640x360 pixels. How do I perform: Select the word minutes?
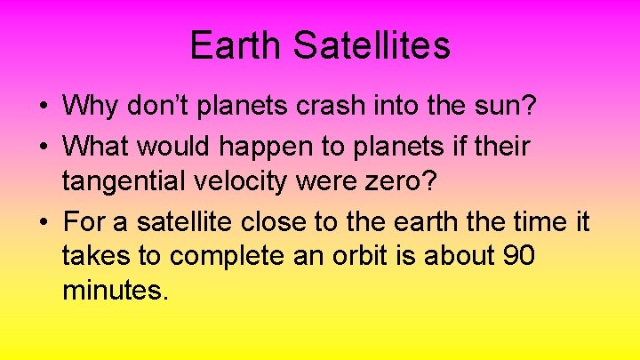click(114, 292)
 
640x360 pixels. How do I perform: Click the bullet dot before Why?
click(44, 108)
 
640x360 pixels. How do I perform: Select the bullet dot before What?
click(44, 146)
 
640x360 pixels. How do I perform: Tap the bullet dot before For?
click(44, 220)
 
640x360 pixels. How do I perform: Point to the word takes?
click(103, 256)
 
